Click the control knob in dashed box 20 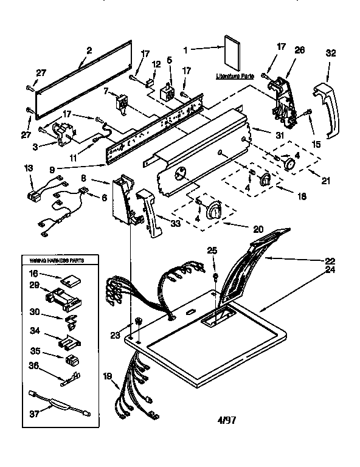pyautogui.click(x=213, y=211)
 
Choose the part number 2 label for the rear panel pyautogui.click(x=89, y=51)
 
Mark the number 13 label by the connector pyautogui.click(x=29, y=168)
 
